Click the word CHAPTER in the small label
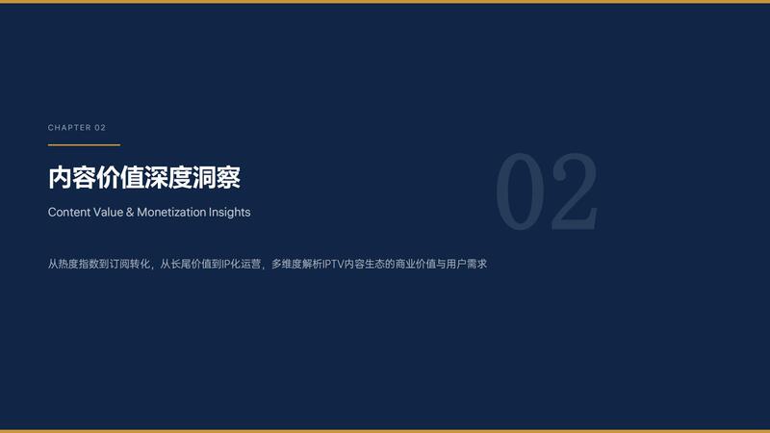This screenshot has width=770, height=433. coord(69,128)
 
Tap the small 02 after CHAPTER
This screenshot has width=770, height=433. coord(100,128)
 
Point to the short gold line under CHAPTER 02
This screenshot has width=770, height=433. coord(84,145)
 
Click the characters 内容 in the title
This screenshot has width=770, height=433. coord(71,177)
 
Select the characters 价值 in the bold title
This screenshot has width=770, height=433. coord(119,177)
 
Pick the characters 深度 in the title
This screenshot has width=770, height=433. coord(167,177)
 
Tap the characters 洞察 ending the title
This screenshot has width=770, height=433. coord(216,177)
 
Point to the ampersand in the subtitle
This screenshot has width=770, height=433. coord(130,212)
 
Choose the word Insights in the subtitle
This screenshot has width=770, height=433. coord(229,212)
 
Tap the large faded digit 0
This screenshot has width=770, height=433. coord(521,191)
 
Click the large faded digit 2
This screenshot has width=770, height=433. coord(575,191)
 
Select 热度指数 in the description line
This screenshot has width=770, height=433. coord(79,264)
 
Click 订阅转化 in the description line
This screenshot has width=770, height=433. coord(130,264)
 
